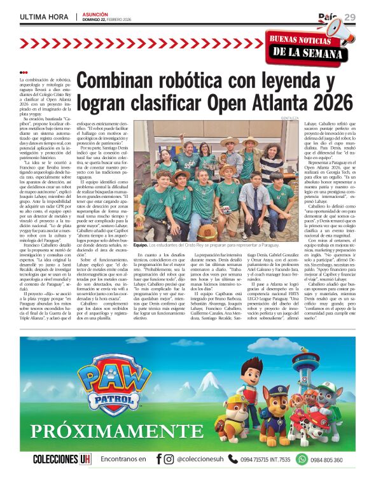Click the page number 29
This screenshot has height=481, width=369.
click(351, 17)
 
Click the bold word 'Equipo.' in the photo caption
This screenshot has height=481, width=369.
click(141, 244)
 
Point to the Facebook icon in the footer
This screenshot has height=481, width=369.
click(157, 459)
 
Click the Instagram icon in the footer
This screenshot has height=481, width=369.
click(169, 459)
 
